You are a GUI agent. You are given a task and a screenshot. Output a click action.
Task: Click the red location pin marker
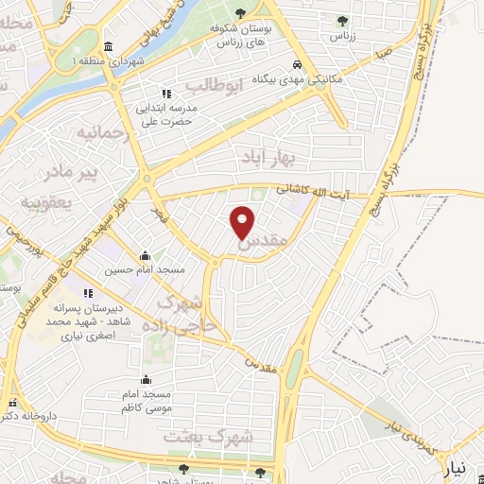pos(243,221)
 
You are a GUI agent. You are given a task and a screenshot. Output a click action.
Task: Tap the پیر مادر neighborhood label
pos(74,174)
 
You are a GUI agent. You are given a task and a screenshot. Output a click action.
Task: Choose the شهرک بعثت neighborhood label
pos(209,438)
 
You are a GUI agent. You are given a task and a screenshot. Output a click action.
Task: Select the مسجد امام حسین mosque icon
pos(145,255)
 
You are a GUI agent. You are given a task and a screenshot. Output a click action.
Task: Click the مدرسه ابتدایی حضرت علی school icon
pos(167,94)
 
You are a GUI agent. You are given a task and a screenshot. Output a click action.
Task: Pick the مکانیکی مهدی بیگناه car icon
pos(298,65)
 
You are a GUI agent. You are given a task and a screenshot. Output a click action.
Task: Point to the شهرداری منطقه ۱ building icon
pos(107,46)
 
